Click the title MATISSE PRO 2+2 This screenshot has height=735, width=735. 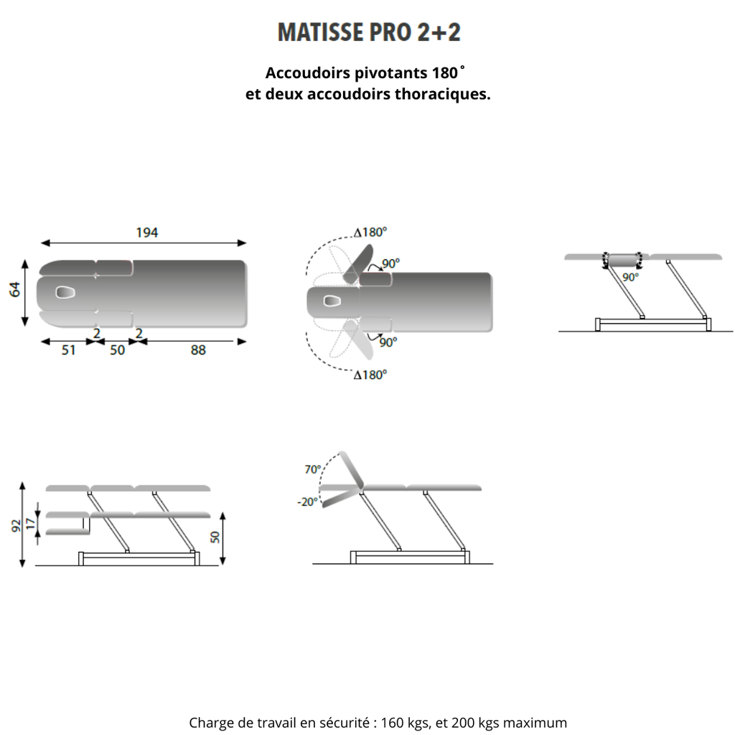point(368,33)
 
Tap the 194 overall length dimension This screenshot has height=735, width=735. point(146,233)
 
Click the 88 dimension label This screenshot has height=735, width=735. point(197,350)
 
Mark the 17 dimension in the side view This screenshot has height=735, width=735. point(29,524)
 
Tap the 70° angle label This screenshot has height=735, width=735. point(312,469)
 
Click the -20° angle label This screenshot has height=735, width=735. point(306,502)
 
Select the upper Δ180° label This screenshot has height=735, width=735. point(370,232)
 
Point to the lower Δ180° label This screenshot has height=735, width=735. point(370,375)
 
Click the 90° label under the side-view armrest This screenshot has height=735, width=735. point(630,277)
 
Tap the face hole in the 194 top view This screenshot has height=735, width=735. point(66,292)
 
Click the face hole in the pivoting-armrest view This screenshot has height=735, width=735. point(331,301)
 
